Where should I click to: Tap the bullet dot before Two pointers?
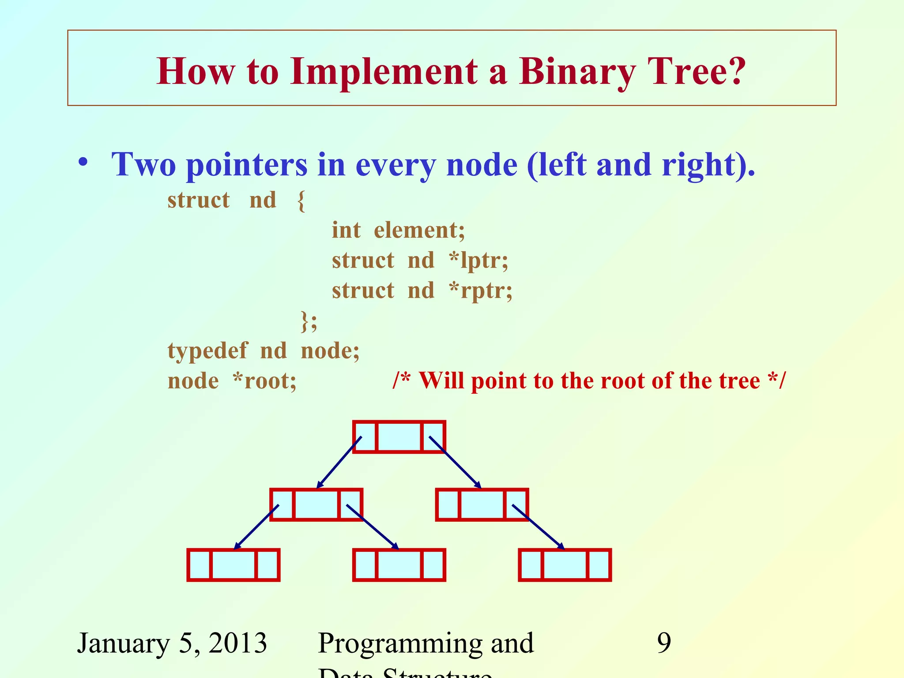(83, 163)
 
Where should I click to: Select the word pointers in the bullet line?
(246, 165)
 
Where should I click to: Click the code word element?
(419, 230)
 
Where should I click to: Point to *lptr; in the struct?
(478, 260)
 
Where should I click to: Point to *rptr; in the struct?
(480, 290)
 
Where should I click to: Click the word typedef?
(207, 351)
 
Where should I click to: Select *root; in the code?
(264, 380)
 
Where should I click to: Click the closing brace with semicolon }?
(309, 320)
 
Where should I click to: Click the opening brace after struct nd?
(301, 200)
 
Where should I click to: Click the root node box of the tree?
(399, 437)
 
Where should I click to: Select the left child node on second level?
(316, 505)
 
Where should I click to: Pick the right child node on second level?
(482, 505)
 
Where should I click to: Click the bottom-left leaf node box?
(234, 565)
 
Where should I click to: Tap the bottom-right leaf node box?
(565, 565)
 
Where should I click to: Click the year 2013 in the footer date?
(237, 643)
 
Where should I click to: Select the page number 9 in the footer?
(664, 643)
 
